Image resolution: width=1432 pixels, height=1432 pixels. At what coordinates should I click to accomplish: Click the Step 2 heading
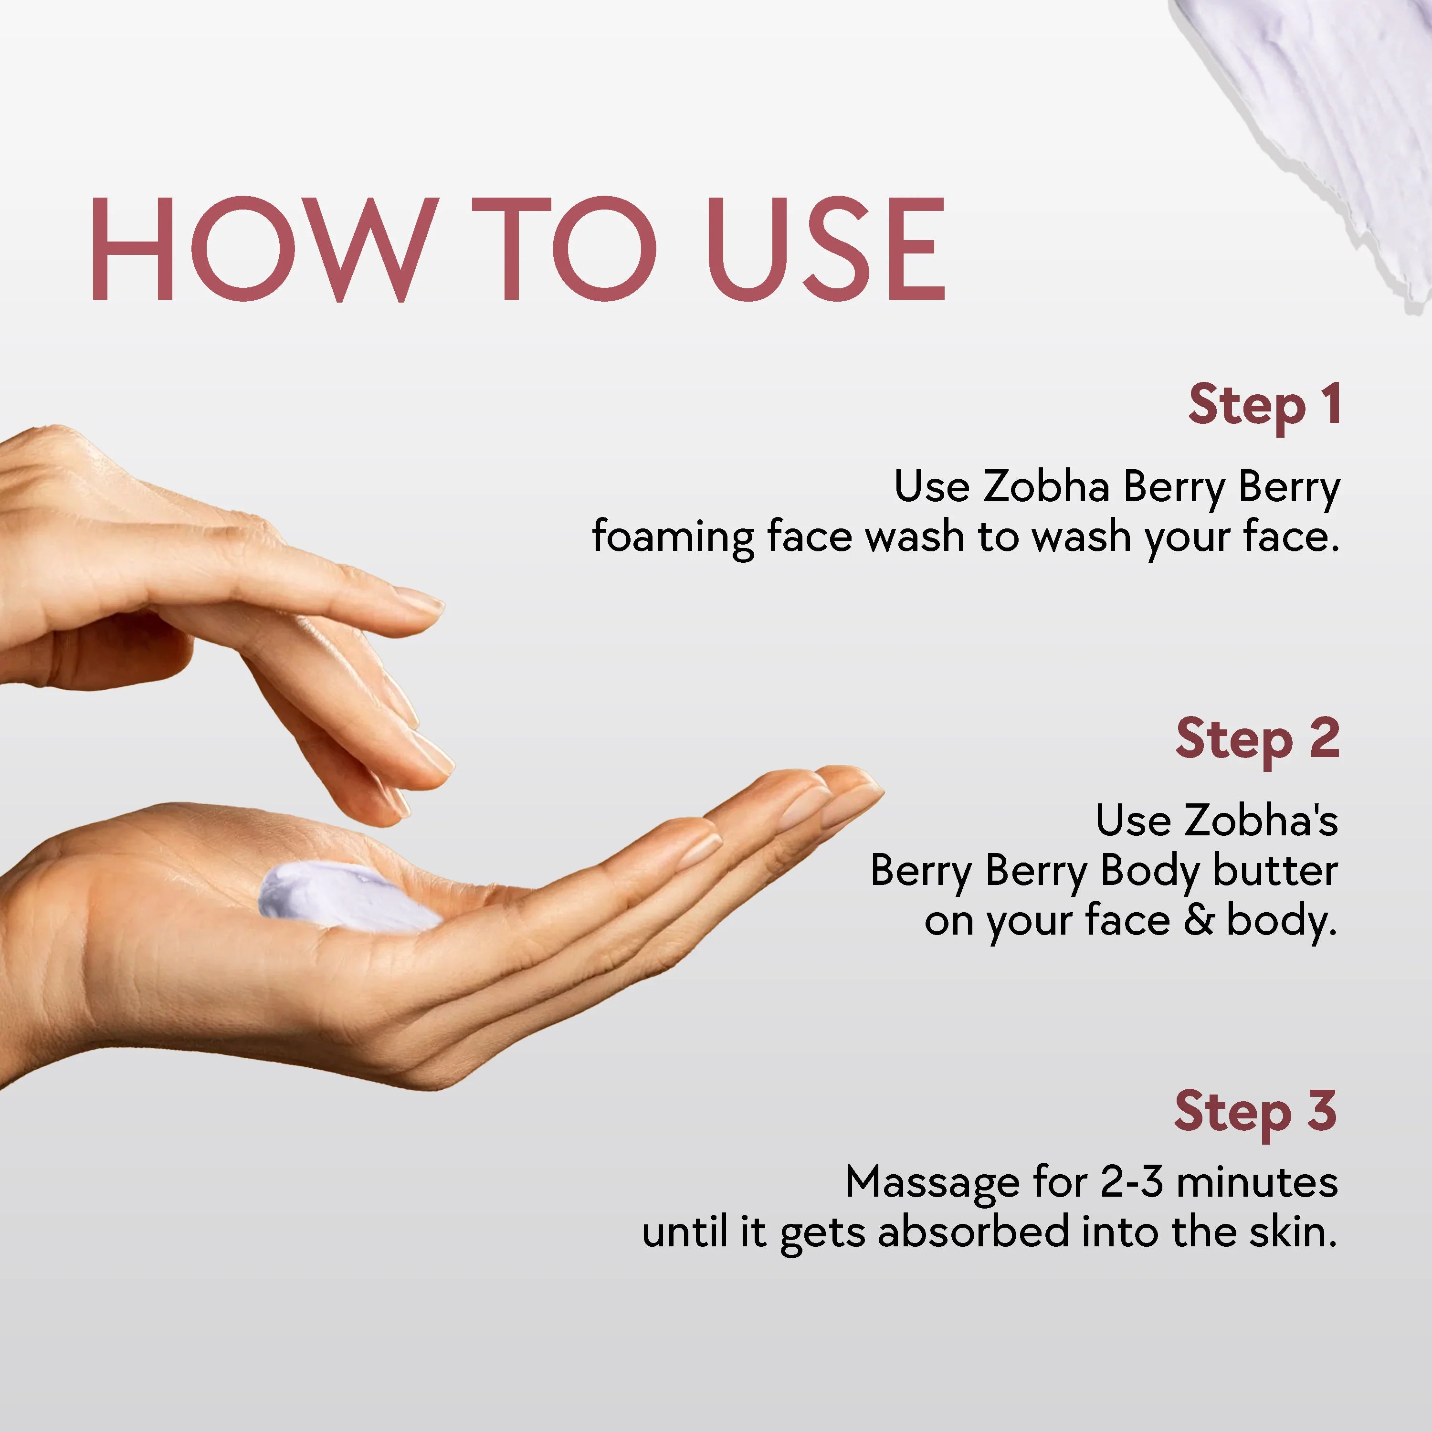click(x=1257, y=740)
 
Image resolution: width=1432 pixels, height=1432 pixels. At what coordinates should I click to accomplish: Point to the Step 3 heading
click(x=1255, y=1112)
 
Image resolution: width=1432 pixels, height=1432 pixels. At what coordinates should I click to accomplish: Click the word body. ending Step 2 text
click(x=1282, y=921)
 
